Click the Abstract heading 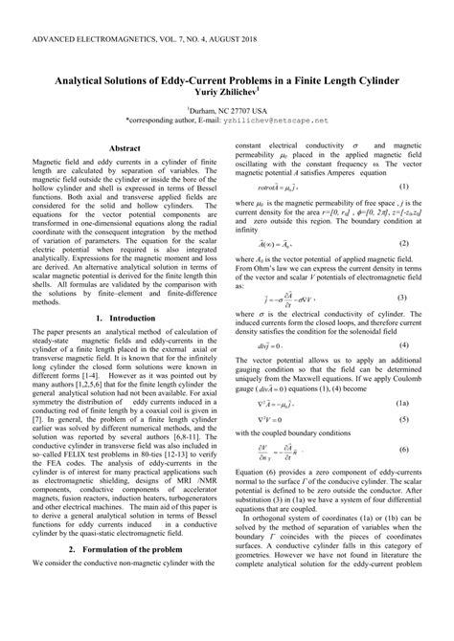point(125,149)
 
